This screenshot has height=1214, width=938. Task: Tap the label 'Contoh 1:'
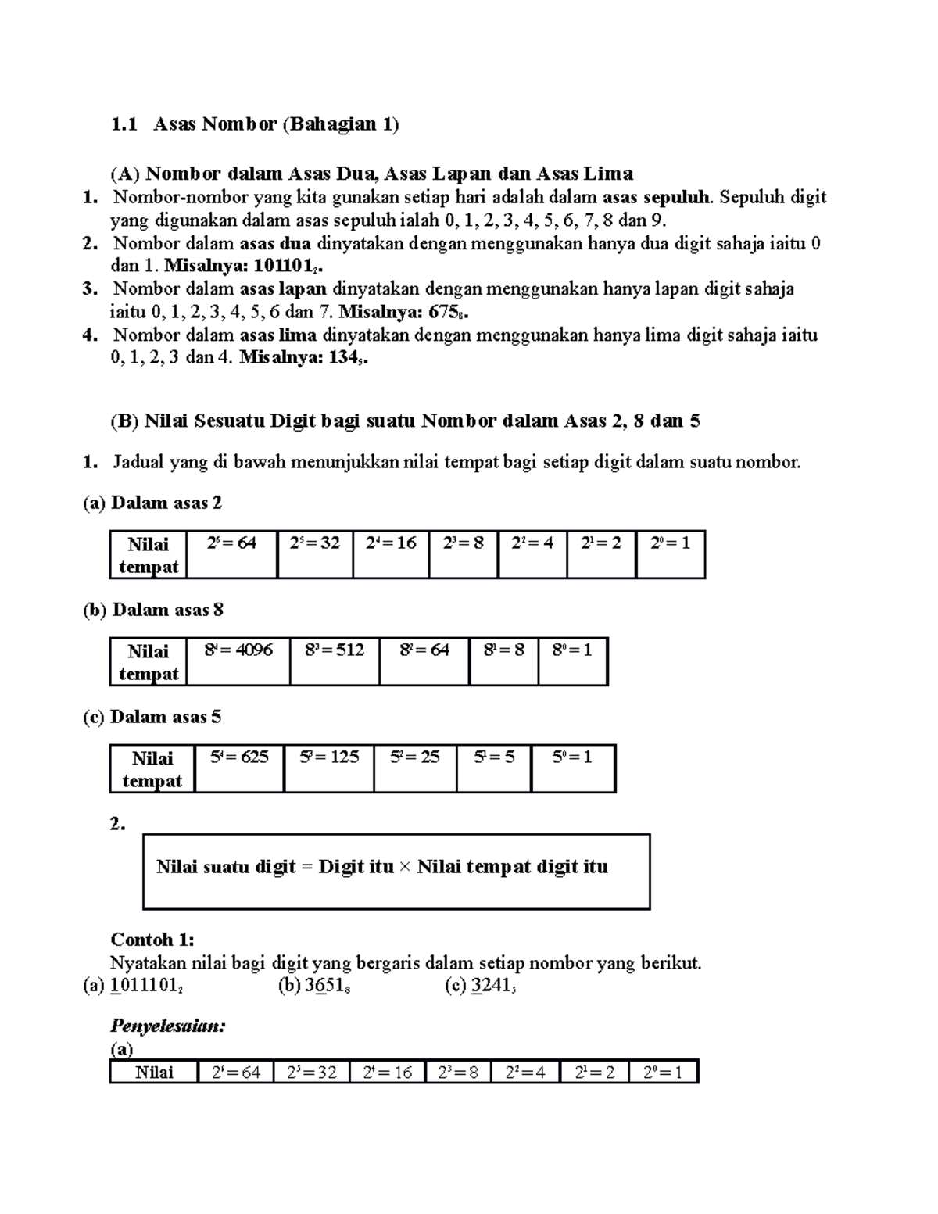(x=152, y=939)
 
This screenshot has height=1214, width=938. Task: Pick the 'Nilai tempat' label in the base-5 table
(x=152, y=769)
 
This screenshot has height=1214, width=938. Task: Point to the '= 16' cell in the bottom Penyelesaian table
(x=387, y=1073)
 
